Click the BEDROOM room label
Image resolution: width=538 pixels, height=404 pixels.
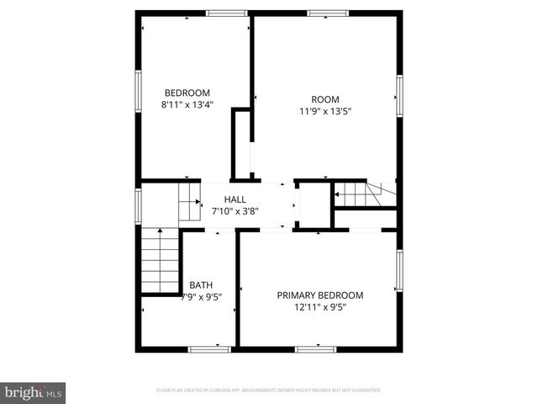point(187,93)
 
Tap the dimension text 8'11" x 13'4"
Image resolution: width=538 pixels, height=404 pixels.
point(187,105)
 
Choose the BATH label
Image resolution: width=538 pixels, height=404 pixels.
point(201,284)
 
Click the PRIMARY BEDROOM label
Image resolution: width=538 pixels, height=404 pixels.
point(320,295)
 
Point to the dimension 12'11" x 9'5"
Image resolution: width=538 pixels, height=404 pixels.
point(320,307)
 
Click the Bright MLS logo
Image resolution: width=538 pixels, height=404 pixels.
point(34,392)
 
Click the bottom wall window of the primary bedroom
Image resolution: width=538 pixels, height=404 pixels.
point(316,348)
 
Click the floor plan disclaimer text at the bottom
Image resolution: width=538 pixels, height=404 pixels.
point(269,391)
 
